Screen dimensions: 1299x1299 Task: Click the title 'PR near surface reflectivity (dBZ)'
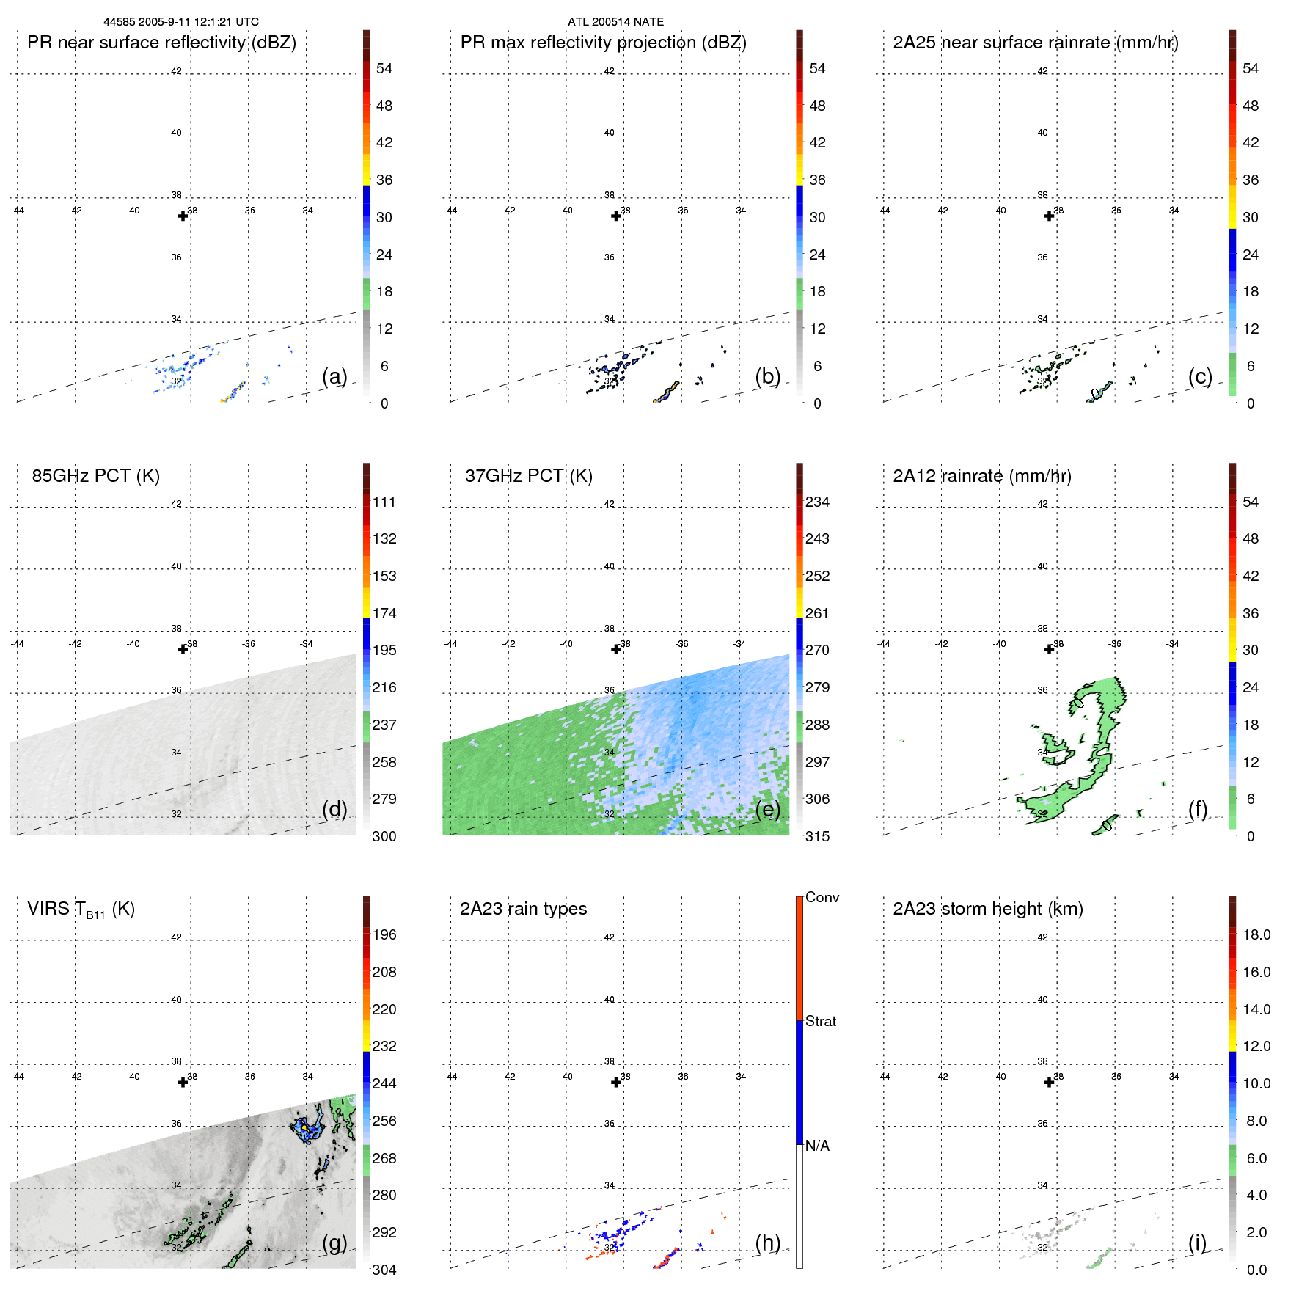point(161,43)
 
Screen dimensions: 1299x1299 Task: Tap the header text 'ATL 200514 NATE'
point(615,22)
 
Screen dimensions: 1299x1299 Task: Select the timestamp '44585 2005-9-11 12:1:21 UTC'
point(181,22)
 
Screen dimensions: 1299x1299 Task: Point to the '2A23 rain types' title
point(523,909)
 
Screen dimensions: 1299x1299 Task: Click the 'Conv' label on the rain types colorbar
point(822,898)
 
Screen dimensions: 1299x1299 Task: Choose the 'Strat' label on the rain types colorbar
point(821,1022)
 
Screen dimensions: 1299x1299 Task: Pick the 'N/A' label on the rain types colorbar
point(817,1146)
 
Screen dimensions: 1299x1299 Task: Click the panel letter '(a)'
point(334,376)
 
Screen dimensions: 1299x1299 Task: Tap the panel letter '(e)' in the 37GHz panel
point(767,809)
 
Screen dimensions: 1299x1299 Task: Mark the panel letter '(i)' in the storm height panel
point(1197,1243)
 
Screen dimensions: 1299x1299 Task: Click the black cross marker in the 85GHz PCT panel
point(183,649)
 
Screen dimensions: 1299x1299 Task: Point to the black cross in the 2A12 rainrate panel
point(1050,649)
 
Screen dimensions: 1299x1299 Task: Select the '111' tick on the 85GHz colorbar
point(384,502)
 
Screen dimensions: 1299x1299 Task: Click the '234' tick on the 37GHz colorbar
point(817,502)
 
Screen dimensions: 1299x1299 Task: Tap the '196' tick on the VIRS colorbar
point(384,935)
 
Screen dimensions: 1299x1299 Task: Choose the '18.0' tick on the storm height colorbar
point(1256,935)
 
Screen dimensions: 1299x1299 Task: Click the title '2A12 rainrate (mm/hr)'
point(982,476)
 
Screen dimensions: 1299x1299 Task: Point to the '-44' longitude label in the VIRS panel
point(18,1077)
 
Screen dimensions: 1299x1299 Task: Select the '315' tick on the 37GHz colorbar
point(817,837)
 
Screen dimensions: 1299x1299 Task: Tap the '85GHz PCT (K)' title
point(96,476)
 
